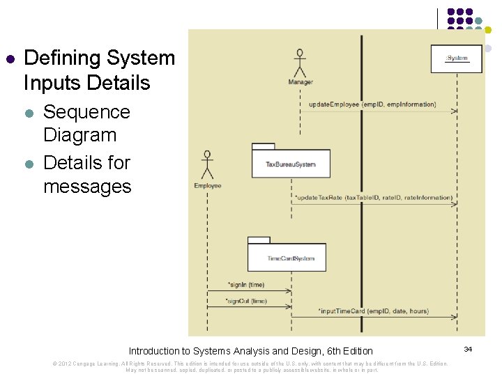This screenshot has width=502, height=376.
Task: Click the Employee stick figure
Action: tap(206, 165)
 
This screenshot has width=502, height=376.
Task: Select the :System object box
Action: tap(457, 58)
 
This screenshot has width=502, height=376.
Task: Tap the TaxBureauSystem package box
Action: tap(291, 164)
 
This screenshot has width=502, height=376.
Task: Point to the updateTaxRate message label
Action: tap(374, 198)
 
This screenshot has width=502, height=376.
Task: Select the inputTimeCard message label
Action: tap(374, 311)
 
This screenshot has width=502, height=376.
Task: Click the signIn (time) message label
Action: tap(246, 285)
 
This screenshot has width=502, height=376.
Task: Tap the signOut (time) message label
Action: tap(246, 301)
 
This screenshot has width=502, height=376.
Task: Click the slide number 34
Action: tap(468, 348)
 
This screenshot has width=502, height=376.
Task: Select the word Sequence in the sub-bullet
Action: tap(86, 112)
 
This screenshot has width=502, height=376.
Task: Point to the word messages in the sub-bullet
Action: tap(86, 186)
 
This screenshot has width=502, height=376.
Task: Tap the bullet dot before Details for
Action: tap(29, 164)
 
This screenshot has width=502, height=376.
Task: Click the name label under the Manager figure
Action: tap(301, 82)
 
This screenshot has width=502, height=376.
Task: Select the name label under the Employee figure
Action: tap(208, 186)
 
